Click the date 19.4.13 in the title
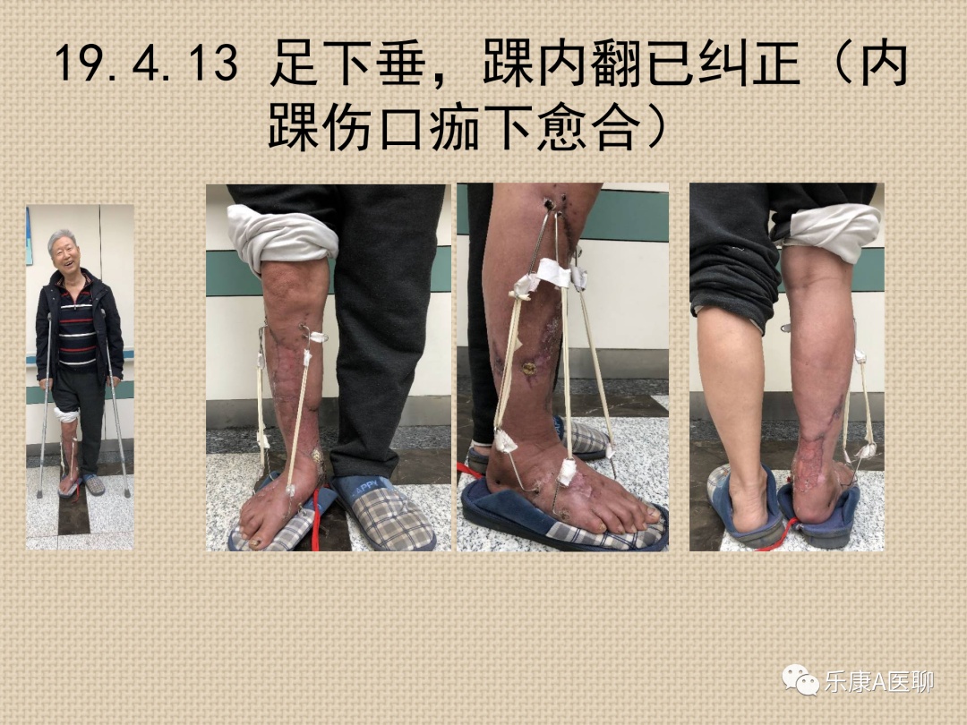click(x=146, y=63)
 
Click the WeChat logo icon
click(x=800, y=679)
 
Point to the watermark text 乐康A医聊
click(x=879, y=682)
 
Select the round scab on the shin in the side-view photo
click(x=528, y=368)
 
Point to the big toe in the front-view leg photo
click(x=254, y=535)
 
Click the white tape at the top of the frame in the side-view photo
click(x=553, y=272)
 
